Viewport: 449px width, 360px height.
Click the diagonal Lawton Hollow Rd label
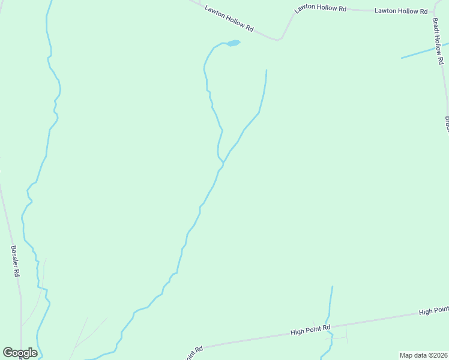coord(229,19)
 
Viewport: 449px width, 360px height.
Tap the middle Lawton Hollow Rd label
coord(321,9)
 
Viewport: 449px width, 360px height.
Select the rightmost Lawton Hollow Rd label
coord(400,11)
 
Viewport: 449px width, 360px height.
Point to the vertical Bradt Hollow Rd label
coord(439,40)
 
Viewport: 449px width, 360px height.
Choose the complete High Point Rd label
coord(310,330)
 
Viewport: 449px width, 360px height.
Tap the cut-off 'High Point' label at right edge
coord(433,310)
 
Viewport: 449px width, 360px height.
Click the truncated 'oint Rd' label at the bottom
coord(194,352)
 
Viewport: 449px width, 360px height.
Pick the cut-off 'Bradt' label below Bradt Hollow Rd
coord(447,124)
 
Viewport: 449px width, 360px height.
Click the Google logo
coord(20,352)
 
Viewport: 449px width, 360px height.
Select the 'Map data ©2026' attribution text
coord(423,355)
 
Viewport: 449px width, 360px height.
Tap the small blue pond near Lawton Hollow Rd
coord(233,43)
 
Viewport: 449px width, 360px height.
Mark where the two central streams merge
coord(223,162)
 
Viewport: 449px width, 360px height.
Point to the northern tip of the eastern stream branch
coord(266,70)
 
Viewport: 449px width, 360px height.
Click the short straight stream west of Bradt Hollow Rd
coord(423,51)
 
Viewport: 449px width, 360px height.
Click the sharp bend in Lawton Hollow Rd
coord(279,40)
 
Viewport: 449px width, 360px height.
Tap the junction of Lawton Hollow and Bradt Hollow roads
coord(434,11)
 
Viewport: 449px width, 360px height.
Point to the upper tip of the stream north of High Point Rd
coord(332,287)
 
